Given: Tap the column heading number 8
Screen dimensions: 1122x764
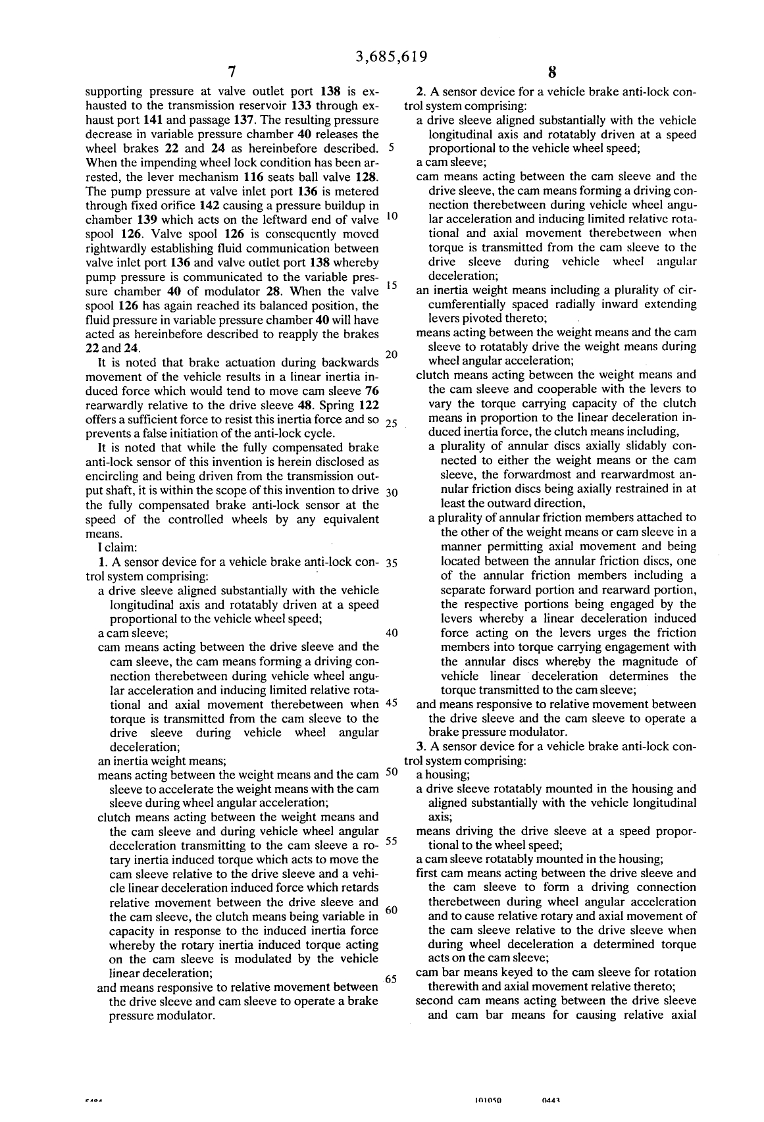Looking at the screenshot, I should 553,72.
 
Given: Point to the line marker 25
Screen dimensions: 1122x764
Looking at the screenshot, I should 390,423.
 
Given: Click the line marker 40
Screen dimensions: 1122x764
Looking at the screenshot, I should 391,633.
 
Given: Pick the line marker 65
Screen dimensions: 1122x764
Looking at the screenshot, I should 390,979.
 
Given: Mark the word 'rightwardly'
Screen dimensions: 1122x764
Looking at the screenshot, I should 115,248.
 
